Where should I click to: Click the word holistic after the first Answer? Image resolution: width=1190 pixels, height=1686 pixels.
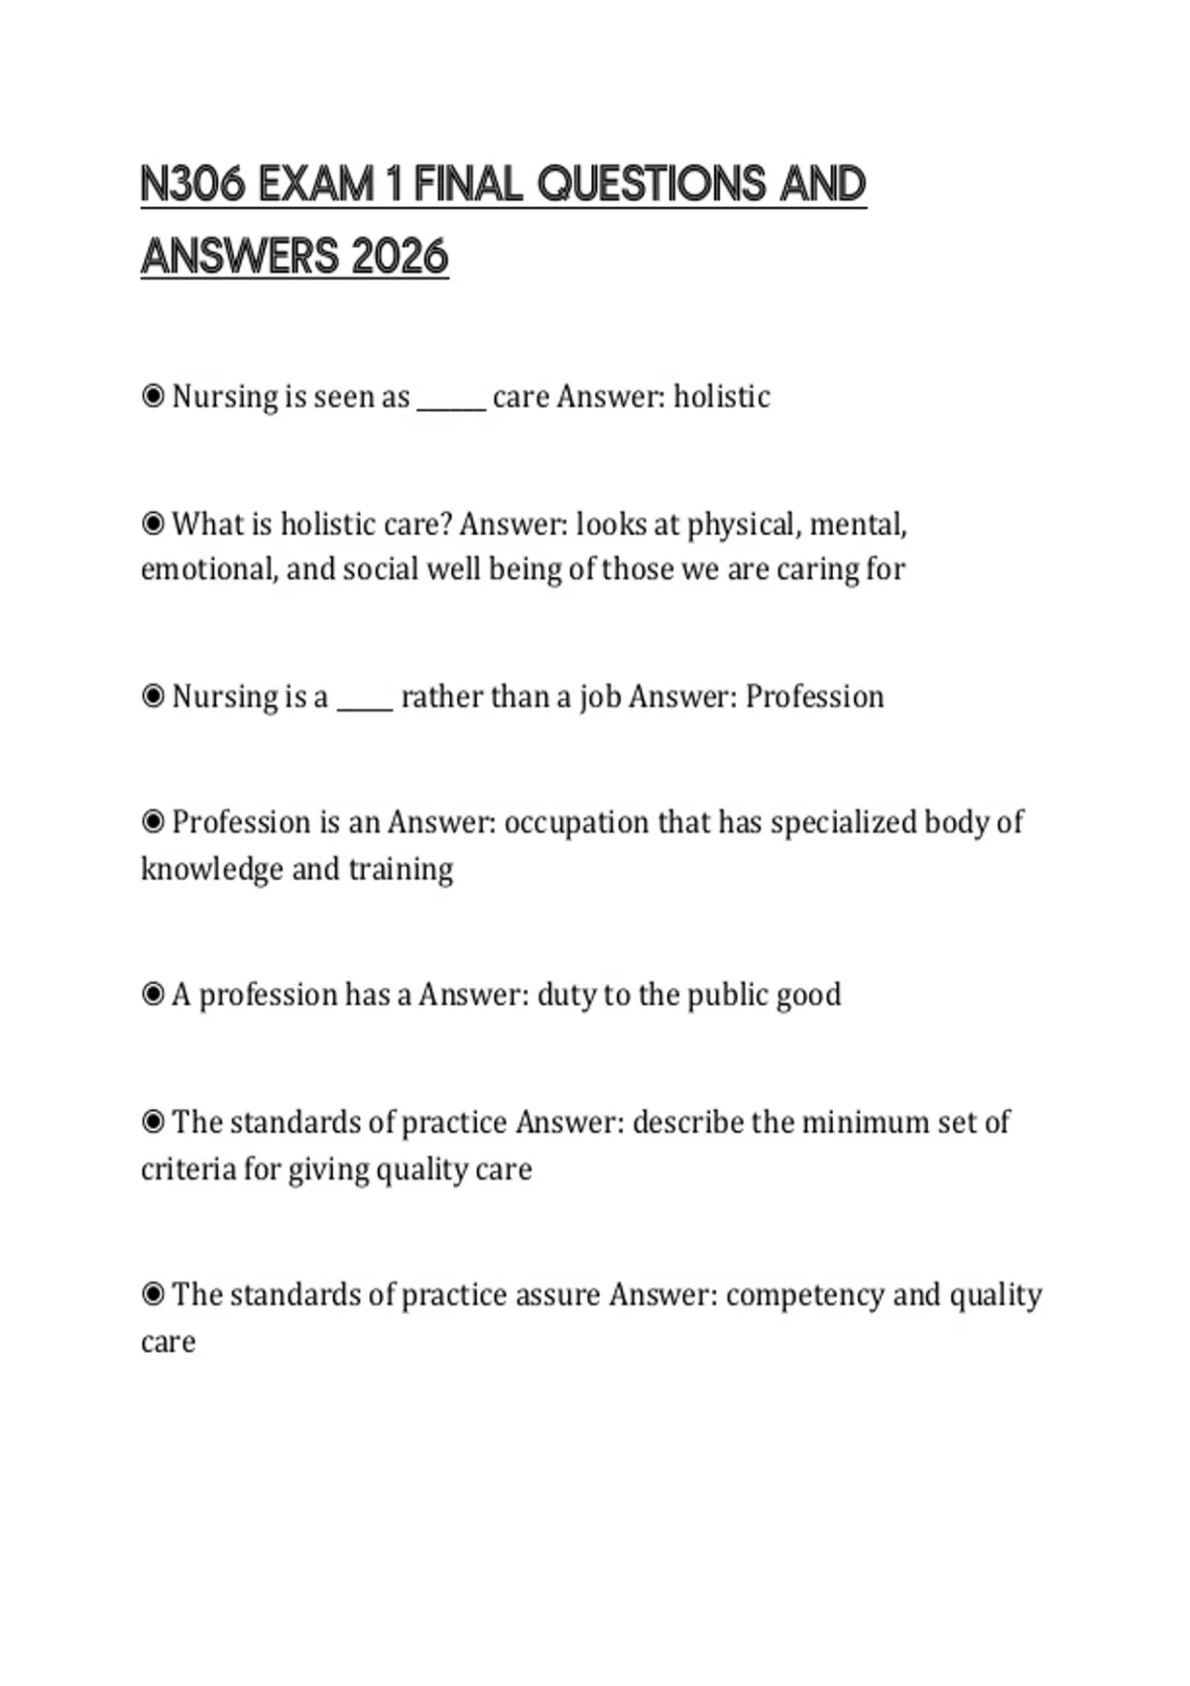pyautogui.click(x=721, y=397)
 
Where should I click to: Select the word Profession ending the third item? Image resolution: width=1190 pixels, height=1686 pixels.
pyautogui.click(x=814, y=696)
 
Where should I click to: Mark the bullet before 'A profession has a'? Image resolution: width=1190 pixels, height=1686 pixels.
pyautogui.click(x=153, y=994)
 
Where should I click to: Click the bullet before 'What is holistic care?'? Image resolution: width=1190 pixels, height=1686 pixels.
pyautogui.click(x=153, y=524)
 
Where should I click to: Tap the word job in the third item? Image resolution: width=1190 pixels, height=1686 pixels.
pyautogui.click(x=599, y=696)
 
